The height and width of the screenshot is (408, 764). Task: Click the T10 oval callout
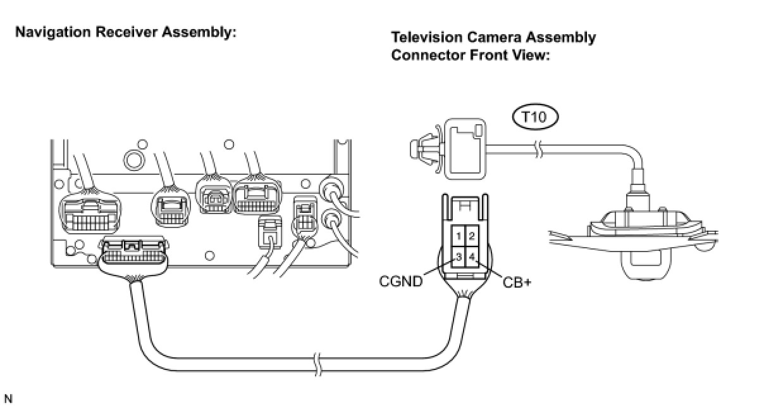[x=534, y=117]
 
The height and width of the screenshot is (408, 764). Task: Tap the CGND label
[x=400, y=281]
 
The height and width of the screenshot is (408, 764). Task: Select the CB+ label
[x=517, y=281]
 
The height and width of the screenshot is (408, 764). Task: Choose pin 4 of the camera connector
[x=472, y=257]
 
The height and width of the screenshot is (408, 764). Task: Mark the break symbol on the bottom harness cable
[x=318, y=363]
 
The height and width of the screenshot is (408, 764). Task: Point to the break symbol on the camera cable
[x=538, y=150]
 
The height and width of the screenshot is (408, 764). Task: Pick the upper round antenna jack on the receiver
[x=333, y=189]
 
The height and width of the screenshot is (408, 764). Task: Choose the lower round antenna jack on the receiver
[x=331, y=220]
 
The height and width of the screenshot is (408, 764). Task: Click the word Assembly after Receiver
[x=202, y=32]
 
